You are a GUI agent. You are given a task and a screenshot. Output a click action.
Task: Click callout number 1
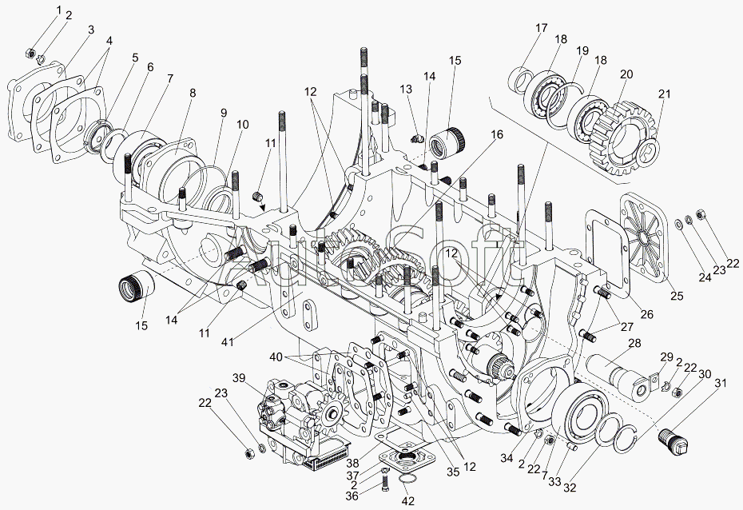[x=58, y=9]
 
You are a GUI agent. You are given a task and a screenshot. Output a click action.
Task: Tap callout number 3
[x=90, y=30]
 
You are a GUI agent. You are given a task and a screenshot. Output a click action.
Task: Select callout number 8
[x=192, y=93]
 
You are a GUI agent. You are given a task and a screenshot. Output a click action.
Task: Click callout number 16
[x=497, y=135]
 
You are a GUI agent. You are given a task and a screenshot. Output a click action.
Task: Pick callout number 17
[x=541, y=29]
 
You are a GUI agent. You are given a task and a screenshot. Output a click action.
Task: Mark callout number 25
[x=676, y=297]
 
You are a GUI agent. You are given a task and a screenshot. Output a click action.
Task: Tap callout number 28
[x=634, y=344]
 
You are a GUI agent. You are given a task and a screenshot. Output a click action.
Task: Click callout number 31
[x=721, y=385]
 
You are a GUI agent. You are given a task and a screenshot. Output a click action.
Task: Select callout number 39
[x=238, y=377]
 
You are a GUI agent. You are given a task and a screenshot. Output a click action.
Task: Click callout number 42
[x=409, y=502]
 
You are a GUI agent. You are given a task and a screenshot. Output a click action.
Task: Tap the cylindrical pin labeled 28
[x=622, y=375]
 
